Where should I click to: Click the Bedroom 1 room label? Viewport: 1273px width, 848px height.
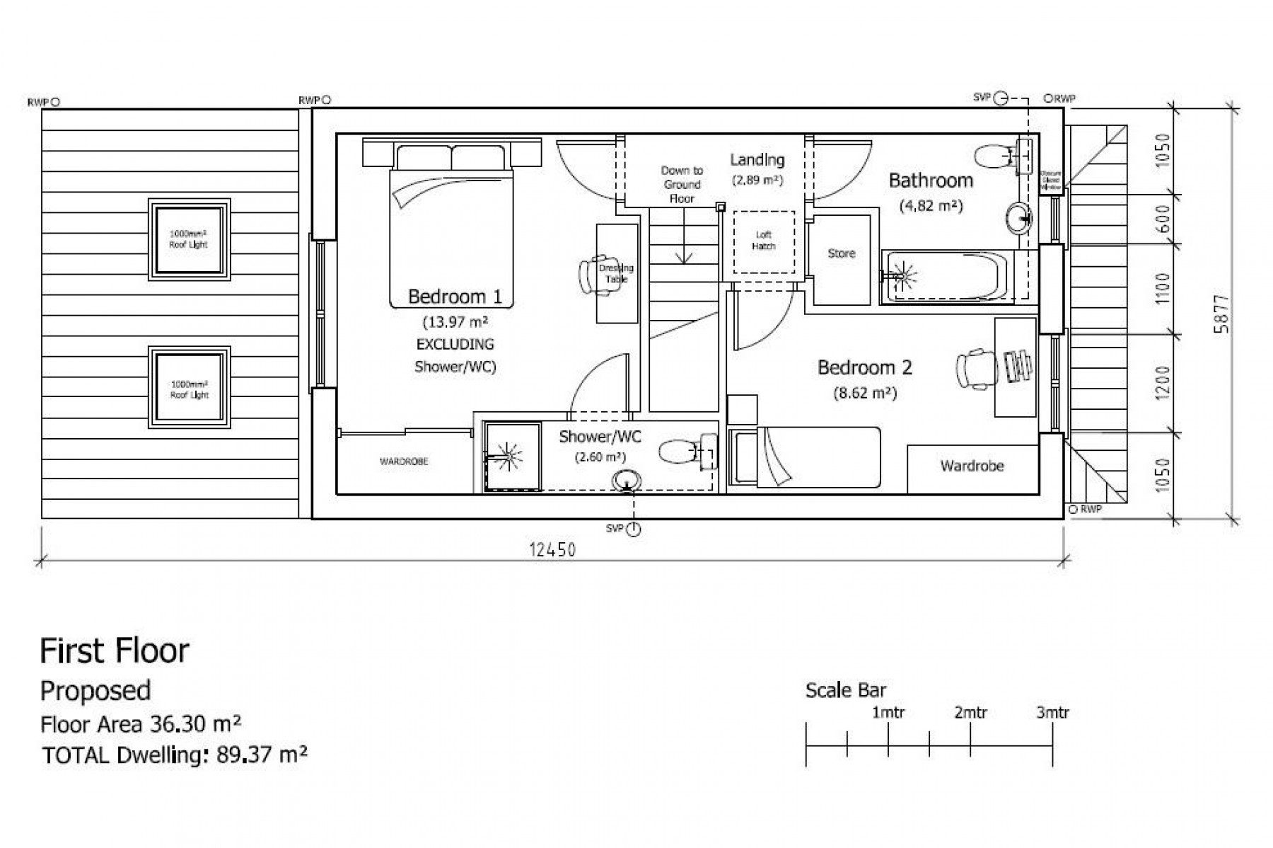click(x=455, y=297)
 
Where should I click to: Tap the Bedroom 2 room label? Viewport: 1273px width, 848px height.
click(x=864, y=367)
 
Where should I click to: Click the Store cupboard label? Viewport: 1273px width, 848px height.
click(x=841, y=253)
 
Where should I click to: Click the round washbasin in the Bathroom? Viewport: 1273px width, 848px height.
click(x=1018, y=217)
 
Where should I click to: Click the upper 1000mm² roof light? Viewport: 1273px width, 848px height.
click(x=189, y=239)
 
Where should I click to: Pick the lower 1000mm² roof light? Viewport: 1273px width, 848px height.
click(x=189, y=387)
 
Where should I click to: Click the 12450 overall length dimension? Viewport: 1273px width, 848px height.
click(x=552, y=549)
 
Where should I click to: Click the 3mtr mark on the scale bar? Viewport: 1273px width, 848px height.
click(x=1052, y=713)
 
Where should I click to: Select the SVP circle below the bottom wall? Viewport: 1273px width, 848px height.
click(x=634, y=529)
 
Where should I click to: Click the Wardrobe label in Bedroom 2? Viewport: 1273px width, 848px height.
click(x=972, y=466)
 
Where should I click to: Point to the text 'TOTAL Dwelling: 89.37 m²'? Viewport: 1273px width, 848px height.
click(x=175, y=755)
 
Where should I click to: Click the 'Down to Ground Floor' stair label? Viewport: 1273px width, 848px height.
click(x=681, y=184)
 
